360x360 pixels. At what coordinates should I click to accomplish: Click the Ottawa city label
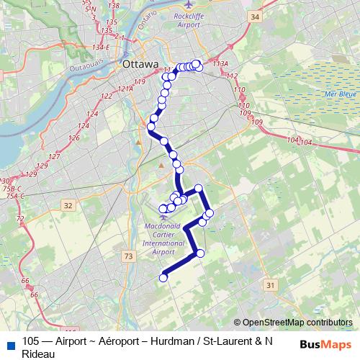coord(140,64)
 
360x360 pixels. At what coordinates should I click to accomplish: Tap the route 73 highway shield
coord(128,256)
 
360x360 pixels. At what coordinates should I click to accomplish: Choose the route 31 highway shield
coord(271,286)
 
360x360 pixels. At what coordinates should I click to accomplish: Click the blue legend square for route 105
coord(8,343)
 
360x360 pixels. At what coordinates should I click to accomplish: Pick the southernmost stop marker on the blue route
coord(163,277)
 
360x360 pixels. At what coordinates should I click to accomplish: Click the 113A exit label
coord(220,65)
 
